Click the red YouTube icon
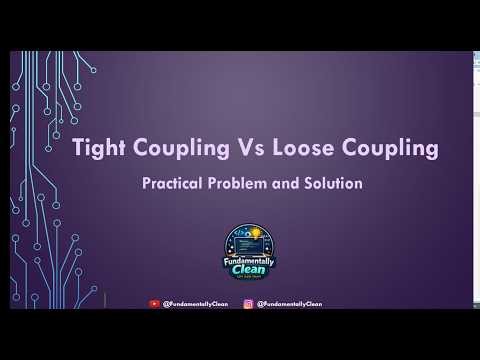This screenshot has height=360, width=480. pos(153,303)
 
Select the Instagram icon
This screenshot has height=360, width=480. pos(247,303)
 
